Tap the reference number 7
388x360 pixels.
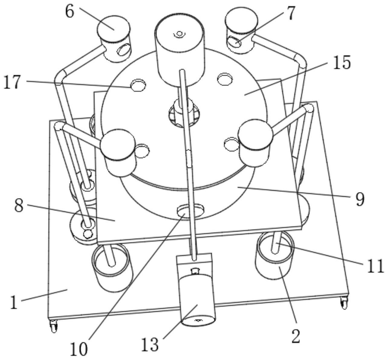[x=291, y=14]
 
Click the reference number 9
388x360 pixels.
[x=360, y=199]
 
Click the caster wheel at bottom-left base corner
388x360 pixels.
[x=54, y=327]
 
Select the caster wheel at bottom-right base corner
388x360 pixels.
[x=344, y=303]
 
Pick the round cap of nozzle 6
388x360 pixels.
[x=113, y=28]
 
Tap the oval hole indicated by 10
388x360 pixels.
[x=190, y=210]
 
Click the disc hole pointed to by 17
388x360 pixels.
[x=138, y=84]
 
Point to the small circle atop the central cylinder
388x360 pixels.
[x=179, y=33]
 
